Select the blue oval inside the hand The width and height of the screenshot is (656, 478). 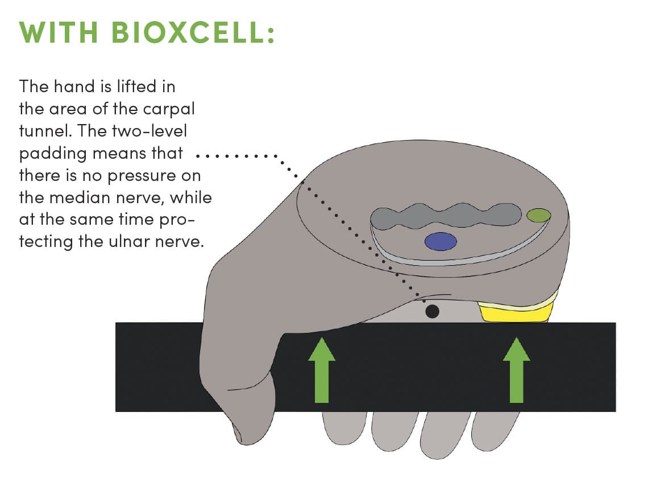click(x=441, y=242)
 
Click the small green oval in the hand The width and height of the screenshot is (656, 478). click(x=538, y=215)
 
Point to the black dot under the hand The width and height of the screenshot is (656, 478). click(x=432, y=311)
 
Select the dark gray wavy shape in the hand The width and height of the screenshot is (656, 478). click(x=443, y=216)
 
